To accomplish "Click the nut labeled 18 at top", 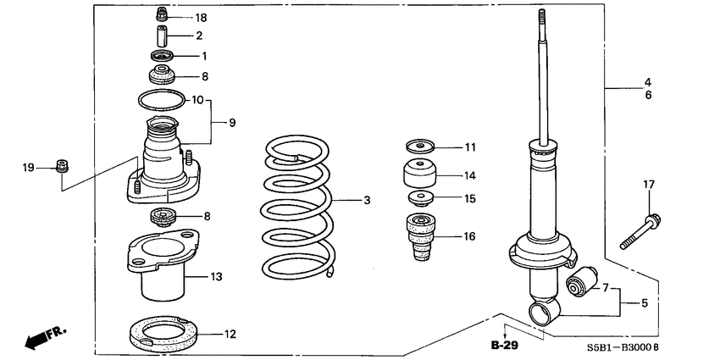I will click(162, 15).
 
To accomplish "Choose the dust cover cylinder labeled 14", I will click(418, 176).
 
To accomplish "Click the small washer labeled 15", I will click(418, 200).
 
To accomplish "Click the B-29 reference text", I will click(505, 346).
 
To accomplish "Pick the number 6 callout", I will click(647, 96).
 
